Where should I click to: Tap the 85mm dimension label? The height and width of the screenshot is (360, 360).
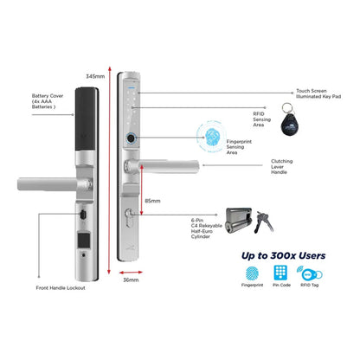tap(152, 201)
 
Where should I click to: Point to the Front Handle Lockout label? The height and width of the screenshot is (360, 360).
tap(60, 287)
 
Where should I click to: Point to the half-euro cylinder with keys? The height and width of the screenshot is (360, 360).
tap(247, 218)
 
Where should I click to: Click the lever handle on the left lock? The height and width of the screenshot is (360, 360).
tap(43, 183)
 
